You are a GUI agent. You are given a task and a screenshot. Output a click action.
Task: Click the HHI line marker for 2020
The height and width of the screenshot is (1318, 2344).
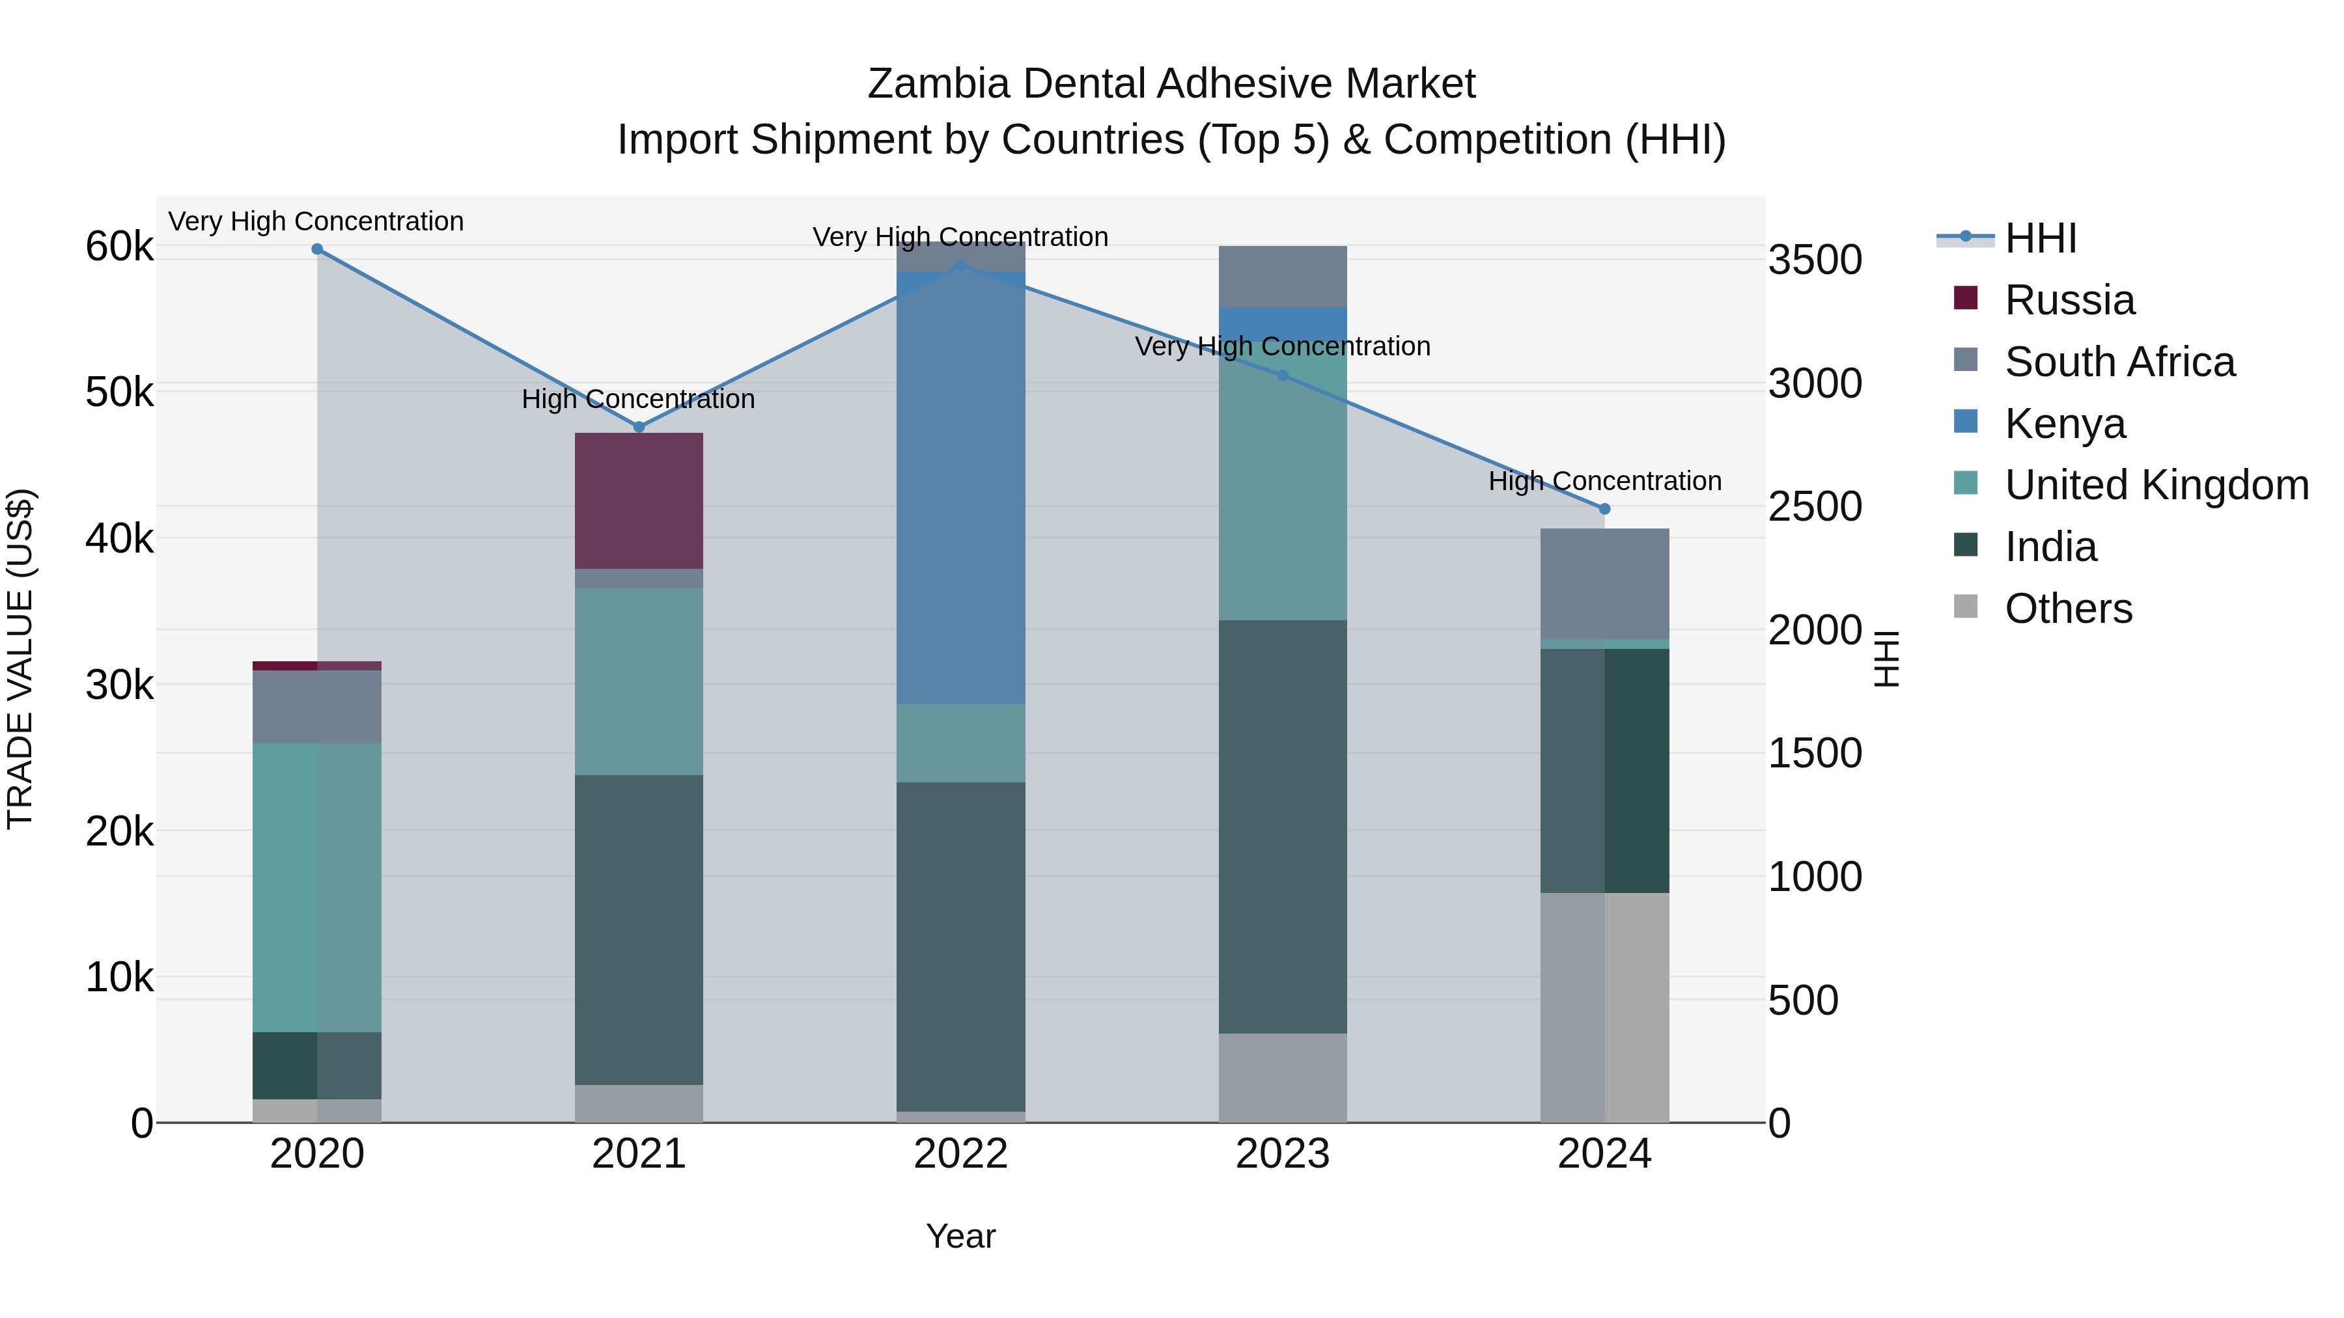[x=316, y=249]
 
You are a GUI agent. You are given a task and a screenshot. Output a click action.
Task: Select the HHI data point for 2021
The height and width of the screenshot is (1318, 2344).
[x=639, y=426]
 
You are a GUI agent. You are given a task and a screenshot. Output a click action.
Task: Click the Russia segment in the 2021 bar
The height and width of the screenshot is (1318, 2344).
[x=639, y=501]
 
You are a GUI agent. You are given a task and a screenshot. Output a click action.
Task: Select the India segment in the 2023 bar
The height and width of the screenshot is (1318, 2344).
[x=1282, y=826]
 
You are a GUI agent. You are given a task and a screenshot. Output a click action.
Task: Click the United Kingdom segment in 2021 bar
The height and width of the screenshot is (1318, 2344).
[x=639, y=681]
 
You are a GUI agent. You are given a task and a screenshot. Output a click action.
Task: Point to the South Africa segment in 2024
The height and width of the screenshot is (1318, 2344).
[x=1604, y=583]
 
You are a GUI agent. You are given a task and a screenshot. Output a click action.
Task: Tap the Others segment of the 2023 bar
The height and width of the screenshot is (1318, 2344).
[x=1282, y=1078]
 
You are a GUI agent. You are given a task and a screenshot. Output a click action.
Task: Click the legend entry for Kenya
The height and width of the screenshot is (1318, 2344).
[x=2065, y=424]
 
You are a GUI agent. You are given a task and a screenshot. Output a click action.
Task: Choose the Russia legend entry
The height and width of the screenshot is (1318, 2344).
[x=2069, y=300]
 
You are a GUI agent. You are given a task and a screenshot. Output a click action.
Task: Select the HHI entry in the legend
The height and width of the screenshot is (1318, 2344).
[x=2040, y=238]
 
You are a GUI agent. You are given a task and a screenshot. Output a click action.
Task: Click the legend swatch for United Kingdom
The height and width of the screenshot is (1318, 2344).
[x=1966, y=483]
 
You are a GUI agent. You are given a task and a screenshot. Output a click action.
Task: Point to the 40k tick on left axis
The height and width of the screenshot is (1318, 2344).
[x=119, y=538]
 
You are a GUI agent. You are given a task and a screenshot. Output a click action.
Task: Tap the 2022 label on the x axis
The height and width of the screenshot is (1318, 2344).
[x=960, y=1154]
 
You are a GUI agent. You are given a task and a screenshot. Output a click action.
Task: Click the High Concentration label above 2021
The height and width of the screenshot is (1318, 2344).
[x=638, y=400]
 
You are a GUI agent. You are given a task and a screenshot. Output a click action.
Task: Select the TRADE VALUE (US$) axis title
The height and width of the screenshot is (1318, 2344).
[x=20, y=659]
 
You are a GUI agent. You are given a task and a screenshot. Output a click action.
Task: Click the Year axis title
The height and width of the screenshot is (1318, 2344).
[x=960, y=1236]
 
